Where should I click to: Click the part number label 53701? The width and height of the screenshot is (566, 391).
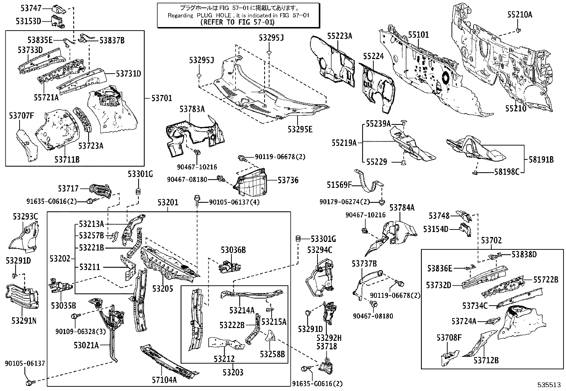click(x=162, y=98)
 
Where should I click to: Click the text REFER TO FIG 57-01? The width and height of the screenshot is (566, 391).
click(x=238, y=22)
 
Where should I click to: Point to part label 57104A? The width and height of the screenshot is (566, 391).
click(x=165, y=380)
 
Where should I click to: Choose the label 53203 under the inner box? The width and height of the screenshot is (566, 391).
click(x=233, y=372)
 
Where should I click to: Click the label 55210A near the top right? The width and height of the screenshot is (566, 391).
click(x=519, y=15)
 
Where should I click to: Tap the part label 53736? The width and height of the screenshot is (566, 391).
click(x=288, y=180)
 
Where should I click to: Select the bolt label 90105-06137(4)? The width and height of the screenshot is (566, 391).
click(x=234, y=202)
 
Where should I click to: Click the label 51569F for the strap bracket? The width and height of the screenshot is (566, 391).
click(x=339, y=185)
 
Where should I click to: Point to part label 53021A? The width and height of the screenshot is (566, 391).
click(x=86, y=345)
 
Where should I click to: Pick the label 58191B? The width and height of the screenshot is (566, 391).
click(x=541, y=160)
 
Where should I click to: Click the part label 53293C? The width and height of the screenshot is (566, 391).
click(x=25, y=216)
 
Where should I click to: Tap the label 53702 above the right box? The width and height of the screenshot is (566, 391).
click(x=491, y=241)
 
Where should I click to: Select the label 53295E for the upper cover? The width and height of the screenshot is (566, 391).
click(x=300, y=130)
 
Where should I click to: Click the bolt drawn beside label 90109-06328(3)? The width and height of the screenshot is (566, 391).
click(x=75, y=316)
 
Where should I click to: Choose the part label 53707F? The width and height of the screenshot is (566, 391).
click(x=22, y=115)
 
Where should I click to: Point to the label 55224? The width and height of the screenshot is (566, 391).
click(x=373, y=56)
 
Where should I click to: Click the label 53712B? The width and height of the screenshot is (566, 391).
click(x=486, y=360)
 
